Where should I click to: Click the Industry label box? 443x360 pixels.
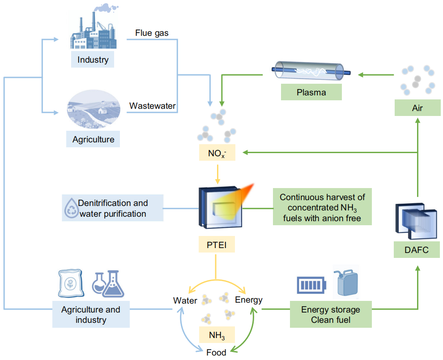[x=93, y=59]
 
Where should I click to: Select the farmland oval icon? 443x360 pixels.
[x=93, y=110]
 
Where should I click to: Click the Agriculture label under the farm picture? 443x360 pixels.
[x=93, y=139]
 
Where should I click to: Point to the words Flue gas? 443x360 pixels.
[x=152, y=33]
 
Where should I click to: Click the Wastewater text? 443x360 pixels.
[x=152, y=106]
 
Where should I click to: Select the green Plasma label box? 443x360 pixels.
[x=311, y=93]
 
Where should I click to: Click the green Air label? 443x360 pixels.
[x=417, y=108]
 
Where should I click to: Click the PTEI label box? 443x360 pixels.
[x=216, y=245]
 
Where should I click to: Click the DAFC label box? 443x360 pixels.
[x=416, y=249]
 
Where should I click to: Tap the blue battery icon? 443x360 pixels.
[x=312, y=285]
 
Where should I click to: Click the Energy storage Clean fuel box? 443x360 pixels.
[x=330, y=315]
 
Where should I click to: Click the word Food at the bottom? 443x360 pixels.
[x=216, y=352]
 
